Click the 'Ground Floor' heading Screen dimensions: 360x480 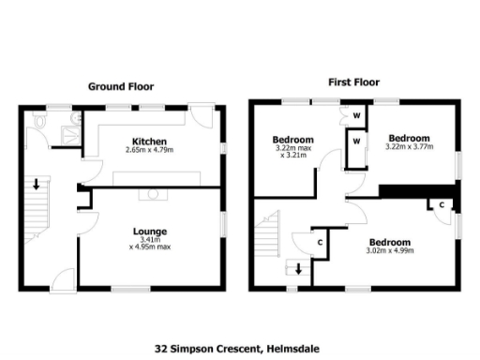coord(121,86)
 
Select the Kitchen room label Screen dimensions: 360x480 coord(149,140)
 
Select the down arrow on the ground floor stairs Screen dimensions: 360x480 coord(37,184)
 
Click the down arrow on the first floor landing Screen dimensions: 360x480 coord(298,270)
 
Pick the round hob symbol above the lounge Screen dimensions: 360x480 coord(149,194)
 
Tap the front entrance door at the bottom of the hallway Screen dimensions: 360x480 coord(62,277)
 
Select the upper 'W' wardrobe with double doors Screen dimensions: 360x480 coord(356,117)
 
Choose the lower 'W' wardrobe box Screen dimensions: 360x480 coord(356,142)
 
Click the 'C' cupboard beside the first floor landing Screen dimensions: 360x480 coord(320,242)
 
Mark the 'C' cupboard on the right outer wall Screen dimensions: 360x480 coord(441,205)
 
